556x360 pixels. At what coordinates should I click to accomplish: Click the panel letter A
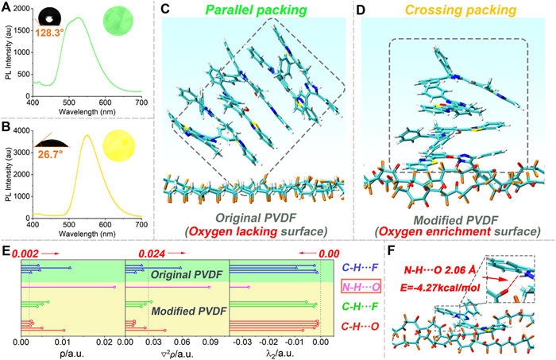7,8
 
